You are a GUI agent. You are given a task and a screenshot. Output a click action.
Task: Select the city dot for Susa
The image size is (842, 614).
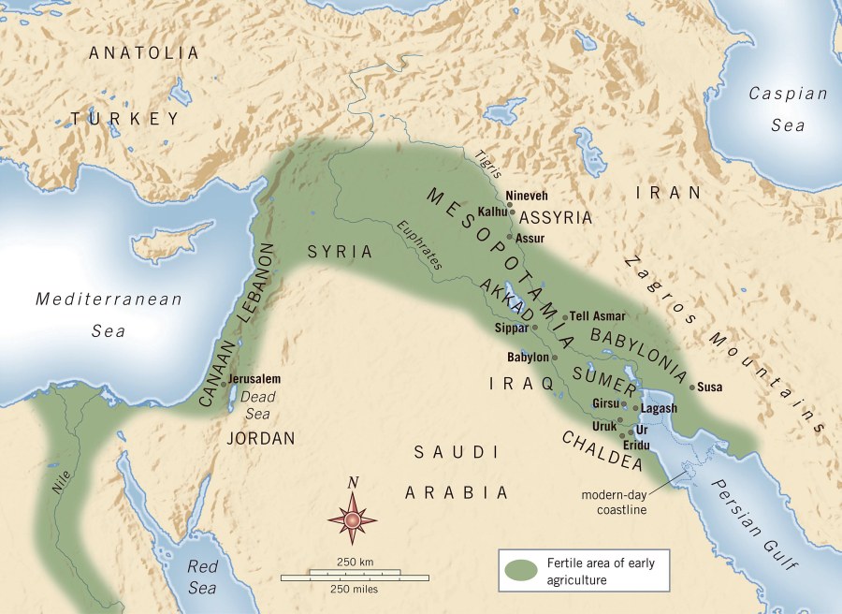(692, 387)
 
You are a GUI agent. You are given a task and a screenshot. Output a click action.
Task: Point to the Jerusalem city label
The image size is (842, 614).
(254, 379)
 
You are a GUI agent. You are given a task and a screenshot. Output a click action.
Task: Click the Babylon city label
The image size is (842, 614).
(528, 358)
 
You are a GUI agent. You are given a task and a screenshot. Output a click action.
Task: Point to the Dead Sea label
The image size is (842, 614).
(254, 405)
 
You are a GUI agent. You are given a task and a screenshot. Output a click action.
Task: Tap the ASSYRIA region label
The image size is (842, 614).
(556, 218)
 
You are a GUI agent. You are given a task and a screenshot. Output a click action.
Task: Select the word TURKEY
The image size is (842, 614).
(124, 118)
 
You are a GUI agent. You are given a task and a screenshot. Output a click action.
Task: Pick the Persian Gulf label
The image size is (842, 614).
(762, 524)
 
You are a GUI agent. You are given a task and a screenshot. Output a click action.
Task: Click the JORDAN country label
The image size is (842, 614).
(261, 437)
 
